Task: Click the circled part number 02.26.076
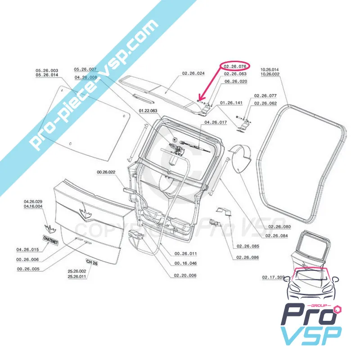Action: click(x=235, y=66)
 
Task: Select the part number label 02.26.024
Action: click(x=193, y=73)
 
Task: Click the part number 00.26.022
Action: click(x=106, y=172)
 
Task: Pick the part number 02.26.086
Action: click(x=247, y=257)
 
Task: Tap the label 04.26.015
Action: click(x=28, y=249)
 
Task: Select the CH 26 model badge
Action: click(x=91, y=262)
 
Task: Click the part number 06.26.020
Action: click(x=236, y=81)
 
